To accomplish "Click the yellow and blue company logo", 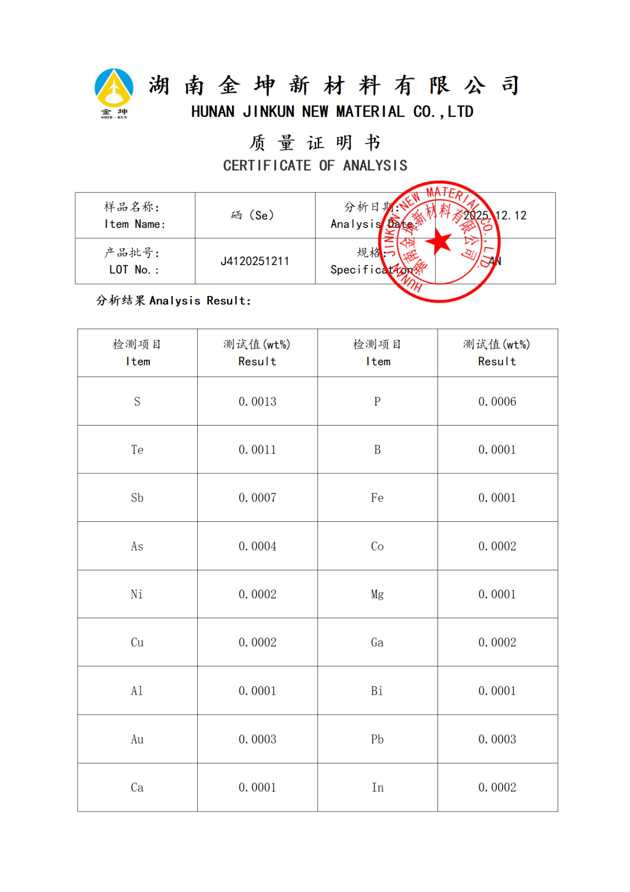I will (114, 92).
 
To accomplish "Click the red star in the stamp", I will (439, 241).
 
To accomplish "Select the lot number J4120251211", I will (255, 261).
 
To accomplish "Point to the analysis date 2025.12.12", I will (495, 215).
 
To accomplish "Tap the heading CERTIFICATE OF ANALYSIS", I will (315, 166).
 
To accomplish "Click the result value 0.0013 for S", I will (257, 402).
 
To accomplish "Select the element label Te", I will (137, 450).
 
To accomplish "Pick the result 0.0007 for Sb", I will (257, 498).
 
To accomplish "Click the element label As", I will (137, 546).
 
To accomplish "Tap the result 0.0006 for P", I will (497, 402).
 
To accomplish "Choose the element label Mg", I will (377, 594).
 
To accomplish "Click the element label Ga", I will (377, 643).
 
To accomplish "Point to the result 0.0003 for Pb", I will (497, 740).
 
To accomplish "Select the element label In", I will (377, 788).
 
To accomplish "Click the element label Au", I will (137, 740).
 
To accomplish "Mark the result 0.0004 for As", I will (257, 546).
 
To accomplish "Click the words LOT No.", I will (134, 270).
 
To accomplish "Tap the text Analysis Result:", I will (200, 301).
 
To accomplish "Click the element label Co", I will (377, 546).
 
